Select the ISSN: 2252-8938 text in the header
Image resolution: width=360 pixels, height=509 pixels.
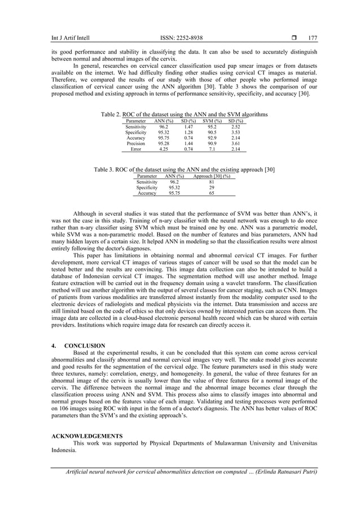click(x=180, y=38)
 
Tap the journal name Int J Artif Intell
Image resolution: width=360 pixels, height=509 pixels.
click(x=70, y=38)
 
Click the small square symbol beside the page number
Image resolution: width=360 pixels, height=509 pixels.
click(x=296, y=38)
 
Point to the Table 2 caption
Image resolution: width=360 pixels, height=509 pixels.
click(x=184, y=115)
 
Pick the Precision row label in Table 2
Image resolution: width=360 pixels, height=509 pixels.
click(x=135, y=144)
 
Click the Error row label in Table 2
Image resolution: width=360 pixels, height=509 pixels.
click(x=135, y=150)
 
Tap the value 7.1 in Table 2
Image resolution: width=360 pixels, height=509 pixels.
click(x=212, y=150)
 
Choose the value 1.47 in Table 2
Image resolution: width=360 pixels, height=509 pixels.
click(x=189, y=128)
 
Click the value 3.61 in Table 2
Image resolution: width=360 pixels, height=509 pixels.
click(x=236, y=144)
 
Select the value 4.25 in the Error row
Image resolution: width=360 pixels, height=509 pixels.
click(x=164, y=150)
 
